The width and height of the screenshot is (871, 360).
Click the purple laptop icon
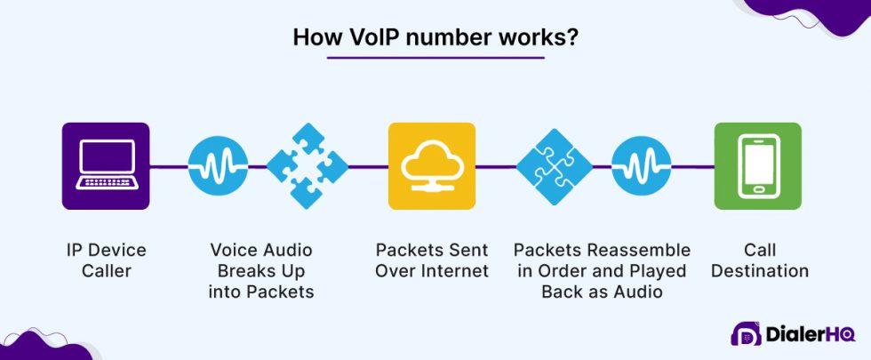106,166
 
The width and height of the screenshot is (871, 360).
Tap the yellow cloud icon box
432,166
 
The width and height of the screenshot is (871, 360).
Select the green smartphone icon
758,166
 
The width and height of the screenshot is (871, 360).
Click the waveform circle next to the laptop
213,166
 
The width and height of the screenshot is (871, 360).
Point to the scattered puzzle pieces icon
307,166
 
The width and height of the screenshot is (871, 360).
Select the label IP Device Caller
106,260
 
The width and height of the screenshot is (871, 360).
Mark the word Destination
758,270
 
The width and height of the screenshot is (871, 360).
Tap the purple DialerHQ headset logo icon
746,334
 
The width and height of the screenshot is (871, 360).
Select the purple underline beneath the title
435,59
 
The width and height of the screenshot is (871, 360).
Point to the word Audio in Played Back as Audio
639,291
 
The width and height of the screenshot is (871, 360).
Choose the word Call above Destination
758,250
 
